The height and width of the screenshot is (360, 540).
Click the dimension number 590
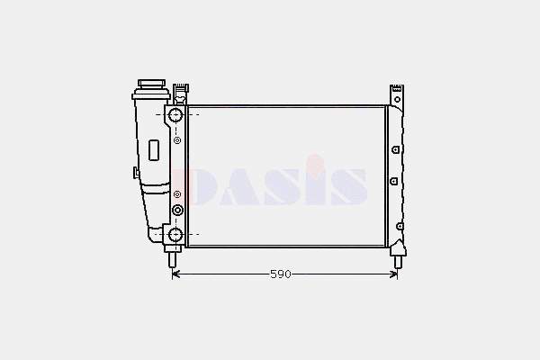tap(281, 274)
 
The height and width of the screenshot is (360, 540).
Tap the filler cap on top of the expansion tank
tap(151, 84)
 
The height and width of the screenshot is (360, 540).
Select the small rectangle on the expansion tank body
tap(154, 150)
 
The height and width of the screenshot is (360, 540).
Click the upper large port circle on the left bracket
tap(175, 114)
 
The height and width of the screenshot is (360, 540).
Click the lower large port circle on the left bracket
tap(175, 235)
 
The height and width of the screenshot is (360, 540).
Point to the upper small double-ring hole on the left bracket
tap(177, 140)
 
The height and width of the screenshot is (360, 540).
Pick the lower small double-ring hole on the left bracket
tap(177, 194)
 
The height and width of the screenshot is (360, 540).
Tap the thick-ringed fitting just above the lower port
tap(177, 210)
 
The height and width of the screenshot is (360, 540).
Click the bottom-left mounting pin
tap(173, 259)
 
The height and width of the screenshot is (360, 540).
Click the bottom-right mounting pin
tap(398, 261)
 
